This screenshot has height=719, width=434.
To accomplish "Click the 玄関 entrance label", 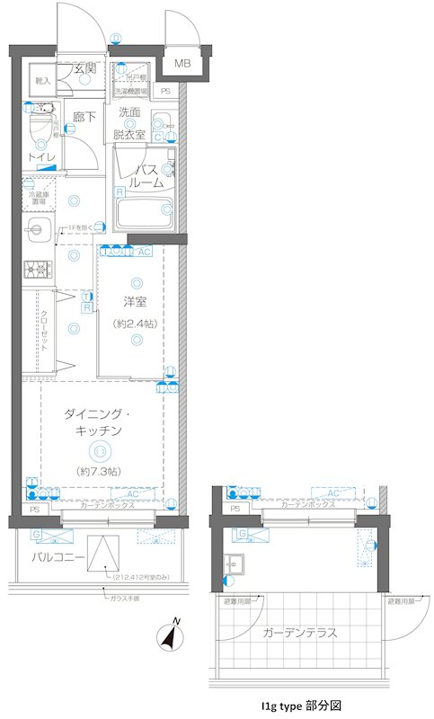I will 85,68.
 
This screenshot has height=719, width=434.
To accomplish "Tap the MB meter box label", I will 182,64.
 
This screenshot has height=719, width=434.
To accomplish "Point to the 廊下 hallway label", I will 84,116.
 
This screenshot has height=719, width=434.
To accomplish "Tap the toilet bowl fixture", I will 39,127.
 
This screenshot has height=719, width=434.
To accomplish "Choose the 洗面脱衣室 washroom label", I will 133,123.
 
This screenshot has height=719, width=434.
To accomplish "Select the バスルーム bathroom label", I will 148,175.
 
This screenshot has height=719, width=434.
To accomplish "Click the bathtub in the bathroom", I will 145,214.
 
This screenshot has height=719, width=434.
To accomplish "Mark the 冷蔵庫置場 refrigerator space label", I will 38,196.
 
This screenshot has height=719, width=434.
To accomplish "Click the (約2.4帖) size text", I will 136,323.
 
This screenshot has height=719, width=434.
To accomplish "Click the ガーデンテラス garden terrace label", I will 300,633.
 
